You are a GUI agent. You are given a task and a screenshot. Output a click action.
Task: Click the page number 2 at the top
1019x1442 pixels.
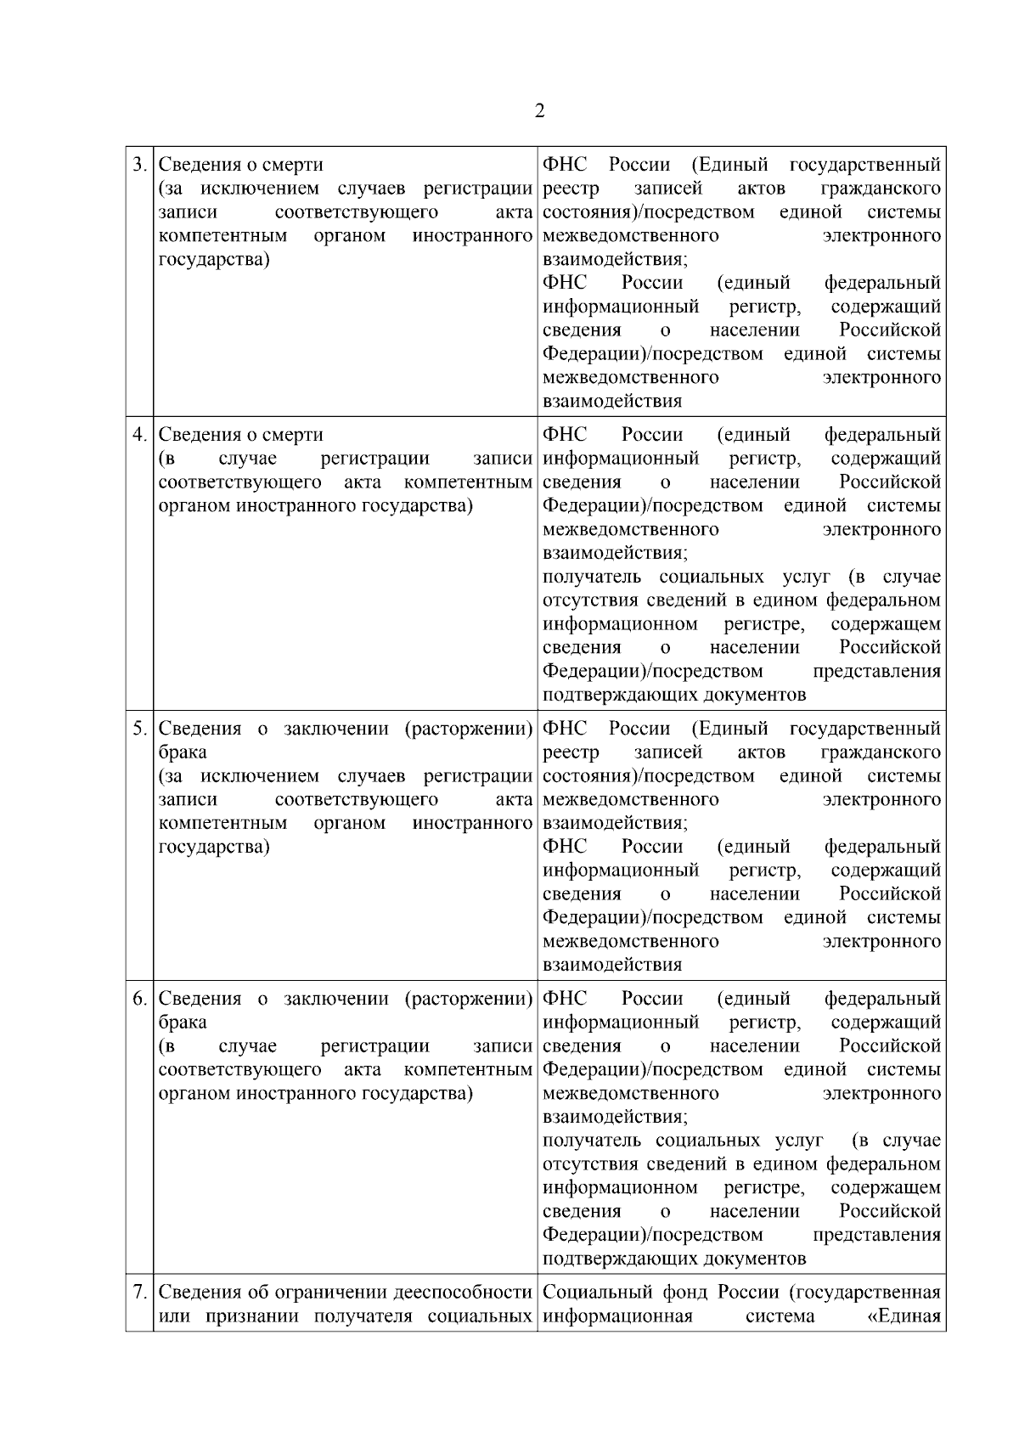(539, 111)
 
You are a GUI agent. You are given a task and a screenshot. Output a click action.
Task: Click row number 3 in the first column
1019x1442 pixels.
(139, 164)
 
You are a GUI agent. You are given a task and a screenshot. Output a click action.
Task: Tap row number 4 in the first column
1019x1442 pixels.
(139, 435)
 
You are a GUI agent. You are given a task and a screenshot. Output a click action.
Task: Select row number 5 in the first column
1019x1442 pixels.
(139, 729)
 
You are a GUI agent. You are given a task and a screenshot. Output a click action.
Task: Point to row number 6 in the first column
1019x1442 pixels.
(139, 999)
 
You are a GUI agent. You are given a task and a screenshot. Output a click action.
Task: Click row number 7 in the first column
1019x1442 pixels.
(139, 1293)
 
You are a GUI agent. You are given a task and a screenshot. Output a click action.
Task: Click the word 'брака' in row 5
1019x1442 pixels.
(183, 752)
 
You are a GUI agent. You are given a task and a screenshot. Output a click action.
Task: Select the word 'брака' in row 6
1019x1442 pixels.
(183, 1022)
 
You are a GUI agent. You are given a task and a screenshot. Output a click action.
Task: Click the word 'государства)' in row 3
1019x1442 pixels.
(214, 259)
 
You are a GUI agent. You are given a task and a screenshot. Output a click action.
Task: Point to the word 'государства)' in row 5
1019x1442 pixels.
(214, 847)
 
